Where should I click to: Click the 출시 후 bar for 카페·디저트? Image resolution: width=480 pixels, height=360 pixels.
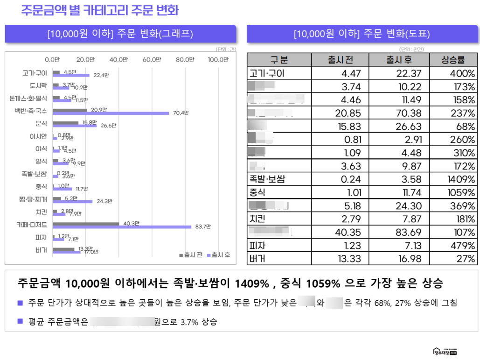coord(122,227)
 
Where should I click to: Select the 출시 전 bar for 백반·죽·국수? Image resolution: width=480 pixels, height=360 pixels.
coord(70,110)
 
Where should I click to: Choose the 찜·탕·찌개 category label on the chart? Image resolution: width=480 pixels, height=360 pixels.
coord(34,199)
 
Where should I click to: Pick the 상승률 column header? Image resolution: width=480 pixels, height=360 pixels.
coord(453,60)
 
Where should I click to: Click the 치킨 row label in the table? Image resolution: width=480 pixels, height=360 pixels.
coord(257,219)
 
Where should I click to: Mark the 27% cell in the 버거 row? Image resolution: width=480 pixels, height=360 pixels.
coord(466,259)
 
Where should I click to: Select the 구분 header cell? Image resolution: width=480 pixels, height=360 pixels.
coord(279,60)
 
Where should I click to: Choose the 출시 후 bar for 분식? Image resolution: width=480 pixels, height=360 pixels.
coord(75,126)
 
